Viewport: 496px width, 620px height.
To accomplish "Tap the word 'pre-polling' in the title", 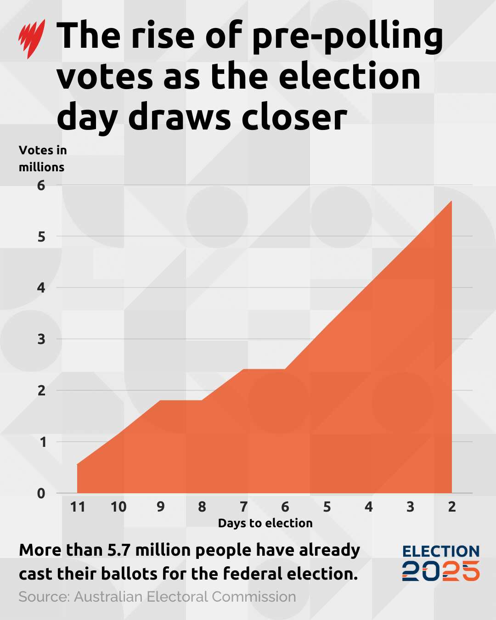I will click(x=347, y=37).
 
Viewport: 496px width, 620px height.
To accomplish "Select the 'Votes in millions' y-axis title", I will click(x=42, y=158).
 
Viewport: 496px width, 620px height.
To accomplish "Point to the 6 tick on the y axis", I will click(x=41, y=186).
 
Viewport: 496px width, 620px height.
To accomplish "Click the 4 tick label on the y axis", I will click(x=41, y=288).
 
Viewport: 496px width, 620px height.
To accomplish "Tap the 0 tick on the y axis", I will click(x=41, y=494).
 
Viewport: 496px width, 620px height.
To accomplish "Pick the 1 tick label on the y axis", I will click(x=42, y=442).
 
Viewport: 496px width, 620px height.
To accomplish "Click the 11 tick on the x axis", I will click(x=78, y=507).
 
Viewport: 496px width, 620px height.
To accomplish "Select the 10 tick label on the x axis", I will click(x=118, y=507).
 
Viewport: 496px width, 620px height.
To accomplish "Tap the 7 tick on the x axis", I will click(x=243, y=507).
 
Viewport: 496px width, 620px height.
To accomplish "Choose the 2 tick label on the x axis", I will click(x=452, y=507).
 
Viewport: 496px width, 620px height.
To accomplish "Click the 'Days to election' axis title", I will click(x=265, y=523).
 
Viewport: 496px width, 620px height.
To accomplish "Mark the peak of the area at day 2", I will click(x=451, y=201).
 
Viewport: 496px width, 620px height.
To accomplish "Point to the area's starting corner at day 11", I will click(x=77, y=464).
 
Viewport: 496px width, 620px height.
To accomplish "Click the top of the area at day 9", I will click(x=160, y=400).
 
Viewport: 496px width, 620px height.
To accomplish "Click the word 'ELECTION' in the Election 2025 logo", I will click(x=441, y=552).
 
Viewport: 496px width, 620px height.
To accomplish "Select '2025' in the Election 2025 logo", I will click(x=441, y=571).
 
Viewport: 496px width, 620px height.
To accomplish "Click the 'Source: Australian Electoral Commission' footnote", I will click(x=157, y=597).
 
